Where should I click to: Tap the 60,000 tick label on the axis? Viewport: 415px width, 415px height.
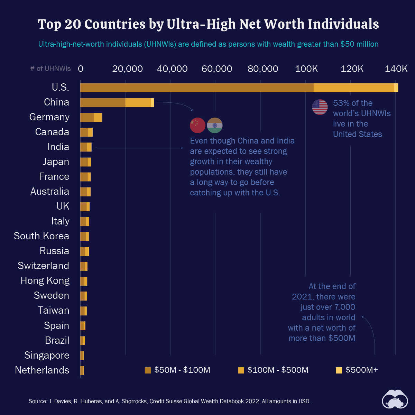click(217, 69)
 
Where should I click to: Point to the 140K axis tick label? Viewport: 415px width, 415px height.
click(396, 69)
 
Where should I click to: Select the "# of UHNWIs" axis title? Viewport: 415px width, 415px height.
click(50, 69)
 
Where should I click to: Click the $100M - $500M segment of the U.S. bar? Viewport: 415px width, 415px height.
click(353, 88)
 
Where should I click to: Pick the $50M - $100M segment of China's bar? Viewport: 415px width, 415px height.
click(103, 103)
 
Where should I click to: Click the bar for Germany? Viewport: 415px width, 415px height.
click(91, 118)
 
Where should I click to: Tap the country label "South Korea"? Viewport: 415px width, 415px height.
click(41, 236)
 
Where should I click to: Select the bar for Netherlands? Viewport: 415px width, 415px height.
click(82, 370)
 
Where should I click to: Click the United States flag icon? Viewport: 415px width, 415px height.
click(320, 107)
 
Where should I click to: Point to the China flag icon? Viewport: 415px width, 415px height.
click(197, 125)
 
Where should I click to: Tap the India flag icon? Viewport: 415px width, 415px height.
click(214, 125)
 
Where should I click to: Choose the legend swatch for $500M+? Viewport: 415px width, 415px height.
click(339, 370)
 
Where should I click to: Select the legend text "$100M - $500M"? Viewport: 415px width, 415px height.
click(278, 370)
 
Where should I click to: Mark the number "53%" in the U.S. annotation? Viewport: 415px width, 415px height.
click(340, 103)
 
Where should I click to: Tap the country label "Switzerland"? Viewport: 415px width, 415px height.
click(44, 266)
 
